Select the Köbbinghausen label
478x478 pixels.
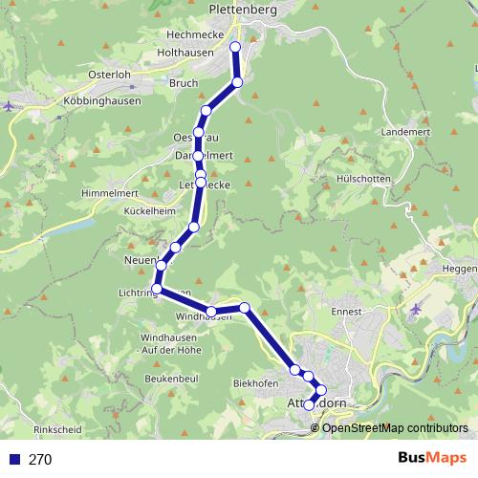(102, 100)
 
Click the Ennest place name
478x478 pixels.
(346, 312)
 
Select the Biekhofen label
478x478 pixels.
(256, 383)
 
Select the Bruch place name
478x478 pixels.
(183, 82)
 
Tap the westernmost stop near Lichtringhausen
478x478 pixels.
(156, 289)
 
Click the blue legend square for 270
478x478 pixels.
(13, 459)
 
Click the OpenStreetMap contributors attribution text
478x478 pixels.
(395, 428)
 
